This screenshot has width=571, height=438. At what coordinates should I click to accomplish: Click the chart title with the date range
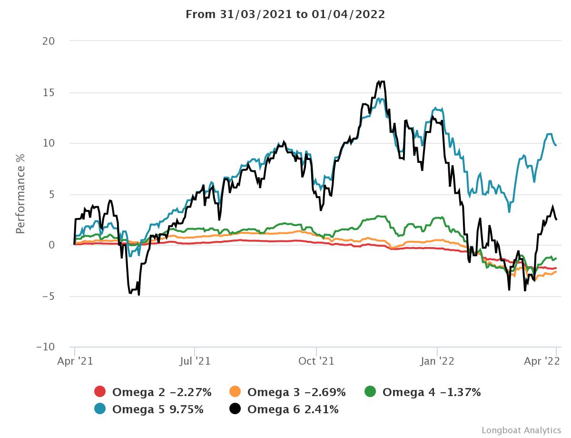tap(285, 14)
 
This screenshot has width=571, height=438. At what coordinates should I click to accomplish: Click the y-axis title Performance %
tap(20, 193)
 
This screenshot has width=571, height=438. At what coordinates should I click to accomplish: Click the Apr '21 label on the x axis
tap(75, 361)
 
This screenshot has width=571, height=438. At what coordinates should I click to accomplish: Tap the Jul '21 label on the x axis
tap(195, 361)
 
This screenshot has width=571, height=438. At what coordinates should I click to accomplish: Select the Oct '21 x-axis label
tap(316, 361)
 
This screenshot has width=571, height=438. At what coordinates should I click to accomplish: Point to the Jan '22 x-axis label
tap(437, 361)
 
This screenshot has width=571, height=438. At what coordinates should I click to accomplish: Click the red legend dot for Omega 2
tap(100, 392)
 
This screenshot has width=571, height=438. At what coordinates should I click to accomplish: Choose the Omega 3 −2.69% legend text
tap(296, 392)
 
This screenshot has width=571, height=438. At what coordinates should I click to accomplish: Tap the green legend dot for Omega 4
tap(370, 392)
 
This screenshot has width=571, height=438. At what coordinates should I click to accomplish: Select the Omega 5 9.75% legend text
tap(158, 409)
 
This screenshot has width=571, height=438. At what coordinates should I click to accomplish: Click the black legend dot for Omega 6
tap(235, 408)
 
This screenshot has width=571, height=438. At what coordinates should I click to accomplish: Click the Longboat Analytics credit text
tap(521, 430)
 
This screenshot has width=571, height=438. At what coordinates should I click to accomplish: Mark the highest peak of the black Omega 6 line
tap(379, 81)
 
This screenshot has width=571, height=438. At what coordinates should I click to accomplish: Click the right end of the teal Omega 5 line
tap(556, 145)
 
